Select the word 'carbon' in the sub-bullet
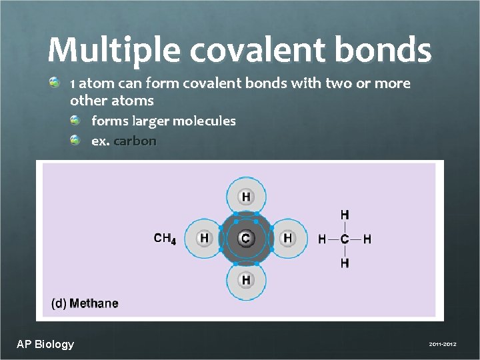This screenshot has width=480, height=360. coord(135,141)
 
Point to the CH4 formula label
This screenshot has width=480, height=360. coord(165,238)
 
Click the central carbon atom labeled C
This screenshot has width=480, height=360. coord(245,238)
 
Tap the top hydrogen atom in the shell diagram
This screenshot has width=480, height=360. coord(246,197)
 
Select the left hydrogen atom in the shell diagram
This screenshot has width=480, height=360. coord(204,238)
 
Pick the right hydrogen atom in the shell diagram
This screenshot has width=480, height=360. coord(287,238)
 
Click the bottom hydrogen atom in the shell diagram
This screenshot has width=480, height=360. coord(246,279)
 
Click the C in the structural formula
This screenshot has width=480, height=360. coord(345,239)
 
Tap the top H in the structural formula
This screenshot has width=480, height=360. coord(345,215)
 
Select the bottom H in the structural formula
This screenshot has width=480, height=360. coord(345,263)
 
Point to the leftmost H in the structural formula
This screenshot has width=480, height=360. coord(323,239)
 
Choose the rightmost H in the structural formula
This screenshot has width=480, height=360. coord(367,239)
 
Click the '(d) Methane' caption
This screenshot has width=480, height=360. coord(85,304)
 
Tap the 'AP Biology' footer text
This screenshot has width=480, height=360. coord(45,344)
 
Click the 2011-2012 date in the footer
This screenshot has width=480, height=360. coord(443,344)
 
